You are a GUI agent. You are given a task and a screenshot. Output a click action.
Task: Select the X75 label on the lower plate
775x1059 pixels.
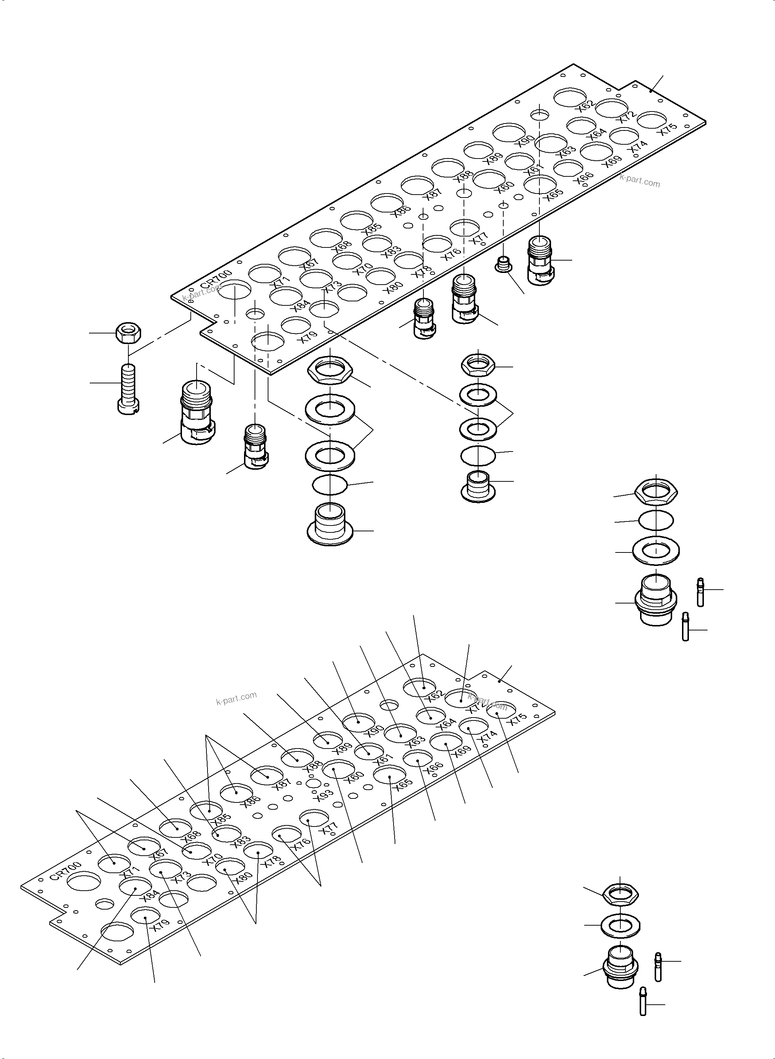518,719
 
